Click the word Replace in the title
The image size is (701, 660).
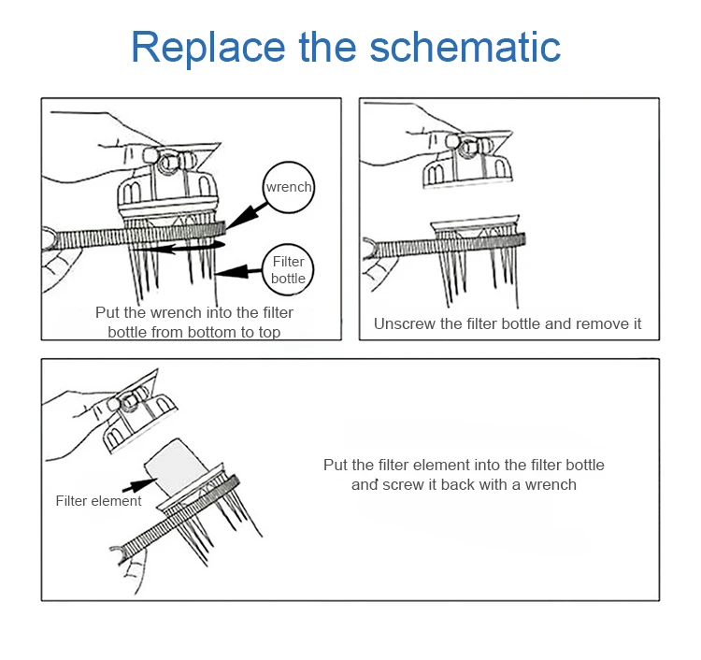pyautogui.click(x=208, y=48)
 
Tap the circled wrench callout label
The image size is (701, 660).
pyautogui.click(x=289, y=187)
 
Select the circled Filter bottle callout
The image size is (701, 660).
pyautogui.click(x=288, y=269)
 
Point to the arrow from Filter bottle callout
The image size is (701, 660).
pyautogui.click(x=238, y=271)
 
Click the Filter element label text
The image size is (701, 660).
pyautogui.click(x=98, y=501)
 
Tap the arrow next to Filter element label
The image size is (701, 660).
pyautogui.click(x=139, y=484)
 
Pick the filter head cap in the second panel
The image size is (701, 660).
pyautogui.click(x=467, y=160)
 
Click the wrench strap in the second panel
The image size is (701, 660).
pyautogui.click(x=447, y=246)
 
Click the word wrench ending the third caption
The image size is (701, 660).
pyautogui.click(x=551, y=484)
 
